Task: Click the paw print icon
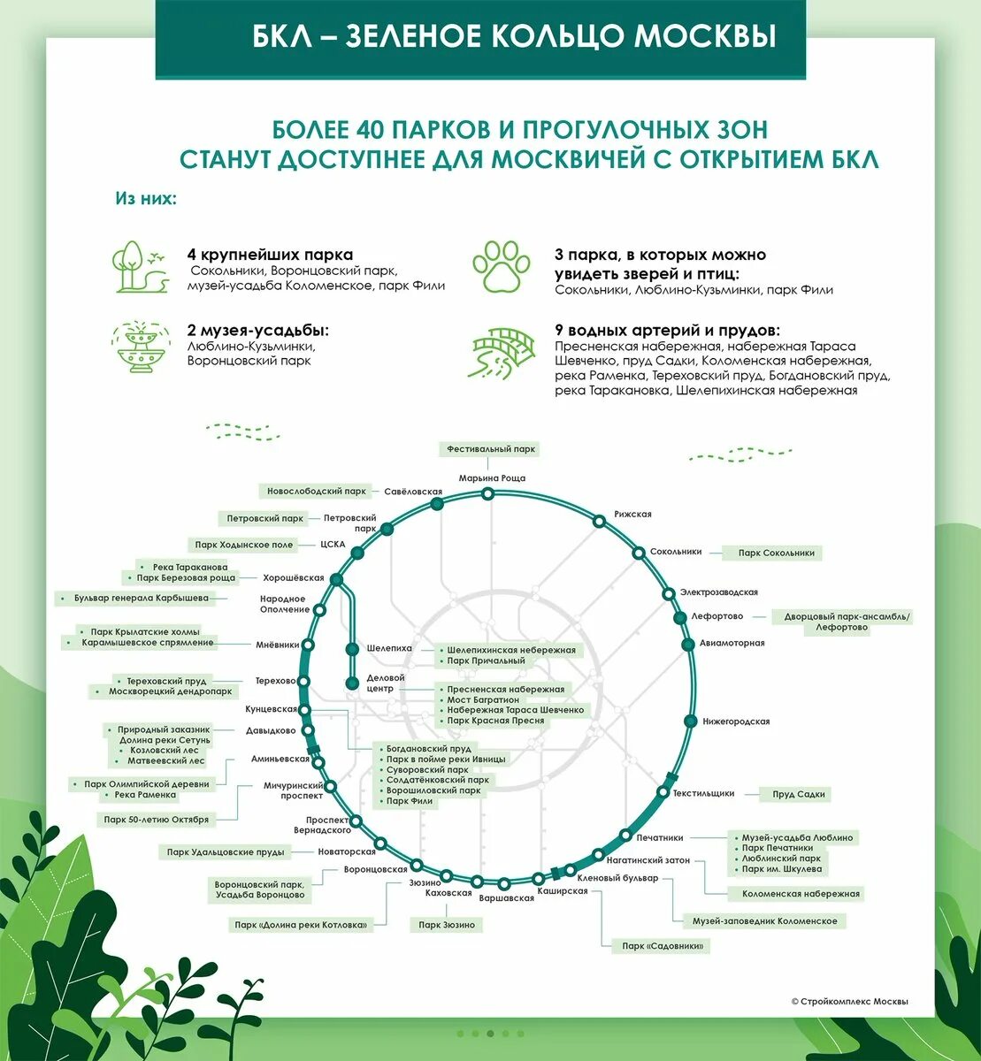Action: coord(501,266)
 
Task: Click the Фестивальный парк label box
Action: coord(491,449)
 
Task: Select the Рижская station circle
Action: coord(600,522)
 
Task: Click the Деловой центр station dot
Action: coord(352,683)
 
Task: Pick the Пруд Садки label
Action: coord(798,794)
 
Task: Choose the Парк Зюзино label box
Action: coord(447,925)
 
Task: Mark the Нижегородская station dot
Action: coord(690,721)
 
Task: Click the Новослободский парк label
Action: coord(317,491)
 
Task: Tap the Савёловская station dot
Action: coord(436,504)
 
